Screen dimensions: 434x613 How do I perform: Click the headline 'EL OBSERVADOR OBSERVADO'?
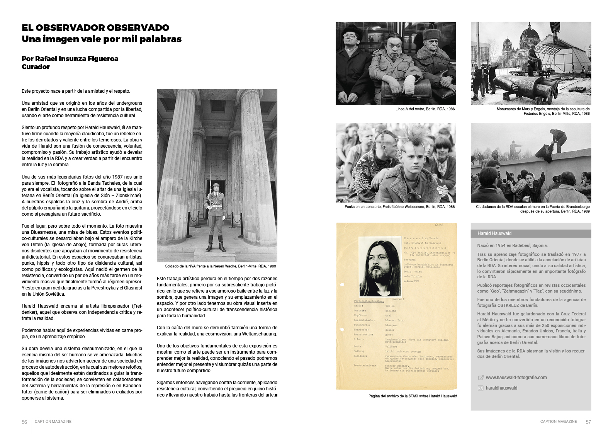click(95, 28)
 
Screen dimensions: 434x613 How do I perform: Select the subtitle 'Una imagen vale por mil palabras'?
click(102, 39)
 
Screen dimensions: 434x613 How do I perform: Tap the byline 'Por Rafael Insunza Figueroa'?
click(70, 59)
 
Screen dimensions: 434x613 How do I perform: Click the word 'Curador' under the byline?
click(36, 67)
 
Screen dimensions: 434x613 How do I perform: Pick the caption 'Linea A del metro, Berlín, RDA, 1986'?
click(425, 109)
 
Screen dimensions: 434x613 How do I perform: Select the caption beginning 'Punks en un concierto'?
click(399, 207)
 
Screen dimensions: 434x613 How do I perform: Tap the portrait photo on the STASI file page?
click(378, 262)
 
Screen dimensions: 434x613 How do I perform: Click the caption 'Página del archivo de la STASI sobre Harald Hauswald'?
click(413, 396)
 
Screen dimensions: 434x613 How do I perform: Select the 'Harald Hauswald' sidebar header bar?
click(531, 233)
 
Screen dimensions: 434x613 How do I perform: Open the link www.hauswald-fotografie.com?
click(516, 378)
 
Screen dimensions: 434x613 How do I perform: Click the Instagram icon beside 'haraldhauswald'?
click(481, 388)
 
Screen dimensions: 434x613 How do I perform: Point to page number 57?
click(588, 422)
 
